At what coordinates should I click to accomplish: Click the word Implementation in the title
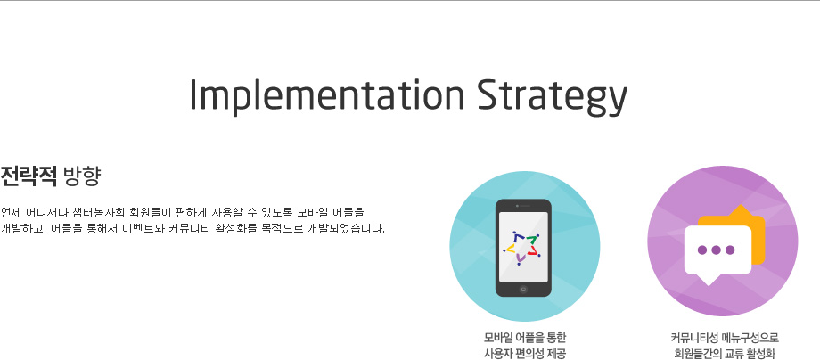coord(327,94)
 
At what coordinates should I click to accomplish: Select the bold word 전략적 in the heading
coord(29,176)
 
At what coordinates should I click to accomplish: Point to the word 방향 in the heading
coord(81,176)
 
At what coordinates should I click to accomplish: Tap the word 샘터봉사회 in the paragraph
coord(99,213)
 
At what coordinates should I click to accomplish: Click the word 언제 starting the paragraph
coord(10,213)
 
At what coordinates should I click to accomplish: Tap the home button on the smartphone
coord(523,289)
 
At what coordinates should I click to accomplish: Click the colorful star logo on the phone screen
coord(522,247)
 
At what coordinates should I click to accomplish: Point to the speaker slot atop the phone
coord(525,206)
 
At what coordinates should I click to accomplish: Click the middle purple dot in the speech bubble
coord(716,250)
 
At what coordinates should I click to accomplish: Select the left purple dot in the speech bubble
coord(702,250)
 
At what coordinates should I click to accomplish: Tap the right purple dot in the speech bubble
coord(730,250)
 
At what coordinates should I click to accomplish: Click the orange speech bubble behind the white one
coord(758,230)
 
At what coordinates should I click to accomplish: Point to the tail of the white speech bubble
coord(708,280)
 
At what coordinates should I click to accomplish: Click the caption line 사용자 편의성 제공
coord(524,354)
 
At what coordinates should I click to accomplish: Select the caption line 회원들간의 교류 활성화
coord(725,354)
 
